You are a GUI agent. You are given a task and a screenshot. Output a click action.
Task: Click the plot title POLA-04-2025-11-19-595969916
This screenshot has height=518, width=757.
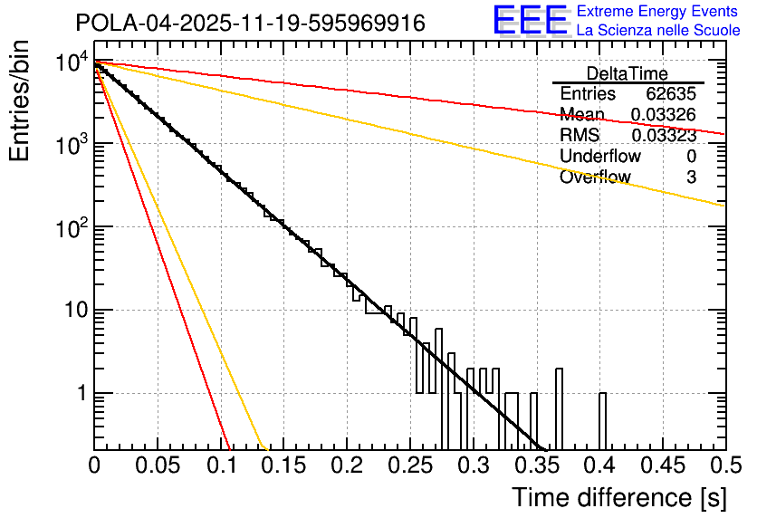[x=250, y=23]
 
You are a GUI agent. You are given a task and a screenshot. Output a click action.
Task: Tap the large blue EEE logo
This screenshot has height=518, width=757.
[x=530, y=21]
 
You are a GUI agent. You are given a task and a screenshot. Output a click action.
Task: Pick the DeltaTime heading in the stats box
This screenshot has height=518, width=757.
[x=627, y=73]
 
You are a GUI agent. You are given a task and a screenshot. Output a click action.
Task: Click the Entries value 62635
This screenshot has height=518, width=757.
[x=671, y=94]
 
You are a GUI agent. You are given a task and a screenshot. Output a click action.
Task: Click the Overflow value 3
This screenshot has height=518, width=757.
[x=691, y=177]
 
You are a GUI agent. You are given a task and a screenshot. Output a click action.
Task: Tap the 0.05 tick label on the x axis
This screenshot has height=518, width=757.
[x=158, y=466]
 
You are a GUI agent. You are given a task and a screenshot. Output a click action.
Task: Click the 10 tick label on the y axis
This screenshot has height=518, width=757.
[x=72, y=311]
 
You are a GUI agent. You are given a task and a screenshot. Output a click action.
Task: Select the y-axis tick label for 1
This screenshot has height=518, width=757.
[x=80, y=394]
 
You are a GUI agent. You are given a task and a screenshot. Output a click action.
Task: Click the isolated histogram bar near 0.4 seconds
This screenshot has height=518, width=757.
[x=603, y=421]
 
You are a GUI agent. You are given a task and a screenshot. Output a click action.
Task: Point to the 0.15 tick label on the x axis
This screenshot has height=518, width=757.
[x=283, y=466]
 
